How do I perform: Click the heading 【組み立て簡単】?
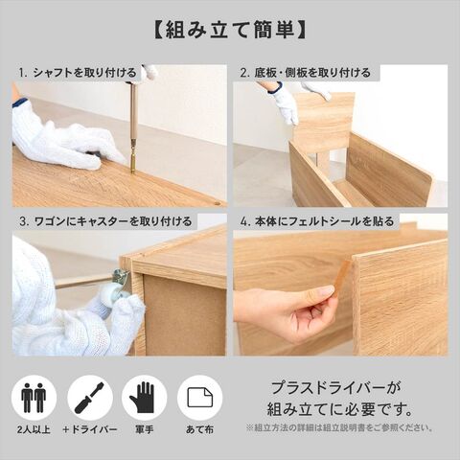[230, 31]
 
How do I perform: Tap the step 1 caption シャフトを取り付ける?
[84, 73]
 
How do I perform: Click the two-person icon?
[34, 398]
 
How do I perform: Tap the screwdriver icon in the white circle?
[89, 398]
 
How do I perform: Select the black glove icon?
[142, 398]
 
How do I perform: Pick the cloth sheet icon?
[200, 398]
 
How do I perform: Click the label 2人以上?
[34, 429]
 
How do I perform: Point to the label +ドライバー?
[90, 429]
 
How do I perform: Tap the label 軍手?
[144, 429]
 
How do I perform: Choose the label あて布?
[199, 429]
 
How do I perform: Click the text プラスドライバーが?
[335, 389]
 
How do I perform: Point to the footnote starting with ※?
[339, 427]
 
